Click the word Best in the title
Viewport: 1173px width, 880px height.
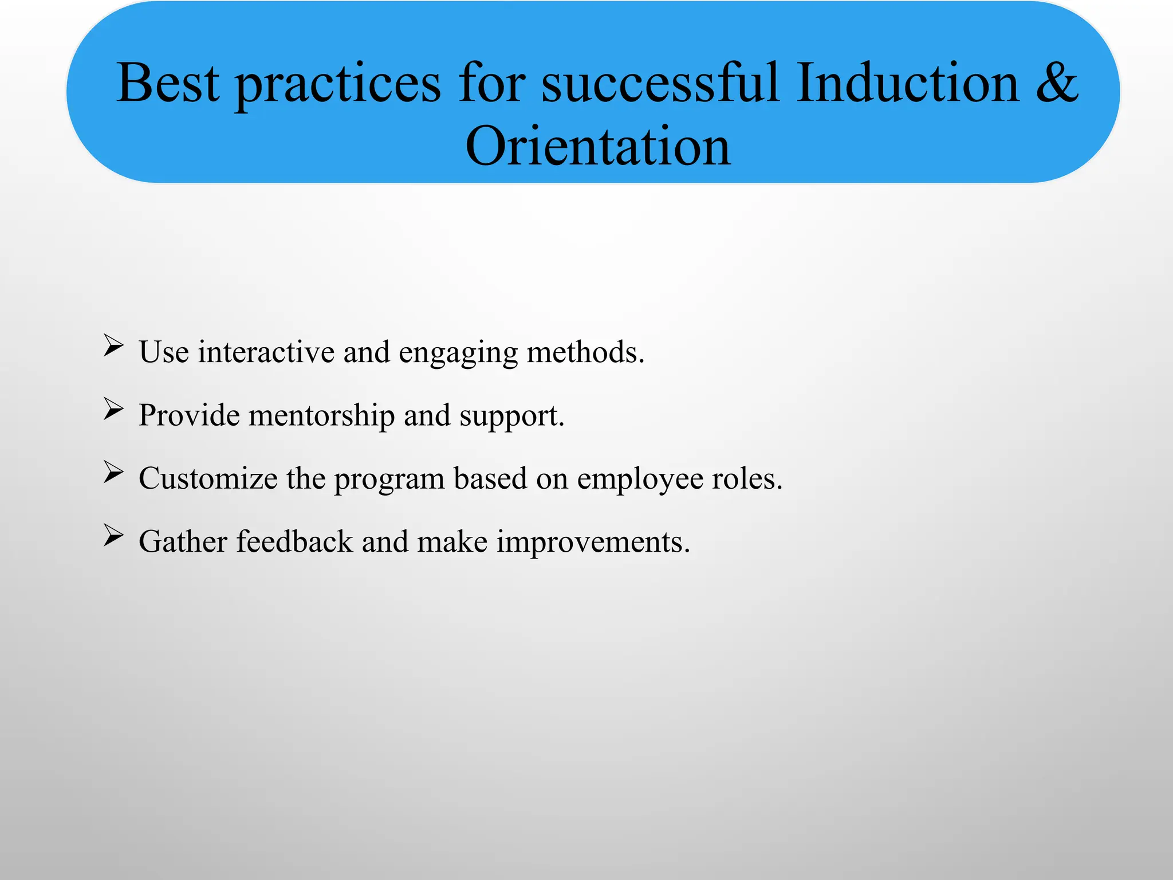point(168,84)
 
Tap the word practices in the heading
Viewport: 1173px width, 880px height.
point(338,86)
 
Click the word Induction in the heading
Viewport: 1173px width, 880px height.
point(907,84)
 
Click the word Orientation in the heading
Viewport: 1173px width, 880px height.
point(598,147)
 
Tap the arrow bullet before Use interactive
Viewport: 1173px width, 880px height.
point(113,346)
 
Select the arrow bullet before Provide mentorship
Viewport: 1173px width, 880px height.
point(113,409)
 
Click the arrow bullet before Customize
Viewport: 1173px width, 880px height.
point(113,472)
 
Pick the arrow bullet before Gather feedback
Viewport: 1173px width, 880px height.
point(113,536)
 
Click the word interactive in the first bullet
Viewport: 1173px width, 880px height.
point(266,352)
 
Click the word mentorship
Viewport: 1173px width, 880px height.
point(321,415)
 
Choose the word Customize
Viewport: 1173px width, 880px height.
point(208,478)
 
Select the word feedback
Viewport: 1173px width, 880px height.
point(294,541)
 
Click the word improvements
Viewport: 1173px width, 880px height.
point(593,543)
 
